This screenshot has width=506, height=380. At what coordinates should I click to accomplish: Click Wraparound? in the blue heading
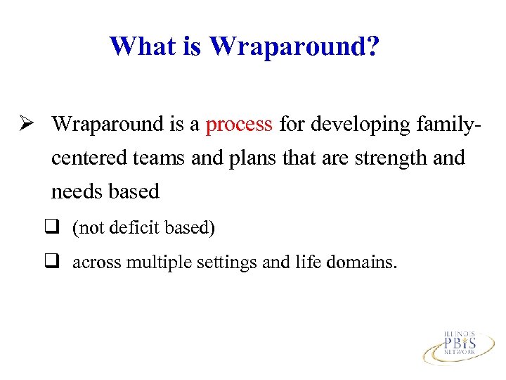point(294,46)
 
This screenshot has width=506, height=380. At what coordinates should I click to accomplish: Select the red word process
point(239,125)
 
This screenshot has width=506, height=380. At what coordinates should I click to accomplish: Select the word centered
point(89,158)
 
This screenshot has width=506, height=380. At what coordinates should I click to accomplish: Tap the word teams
point(160,158)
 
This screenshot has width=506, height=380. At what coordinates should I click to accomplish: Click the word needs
point(77,191)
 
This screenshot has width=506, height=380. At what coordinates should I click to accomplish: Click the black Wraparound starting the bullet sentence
point(107,125)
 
